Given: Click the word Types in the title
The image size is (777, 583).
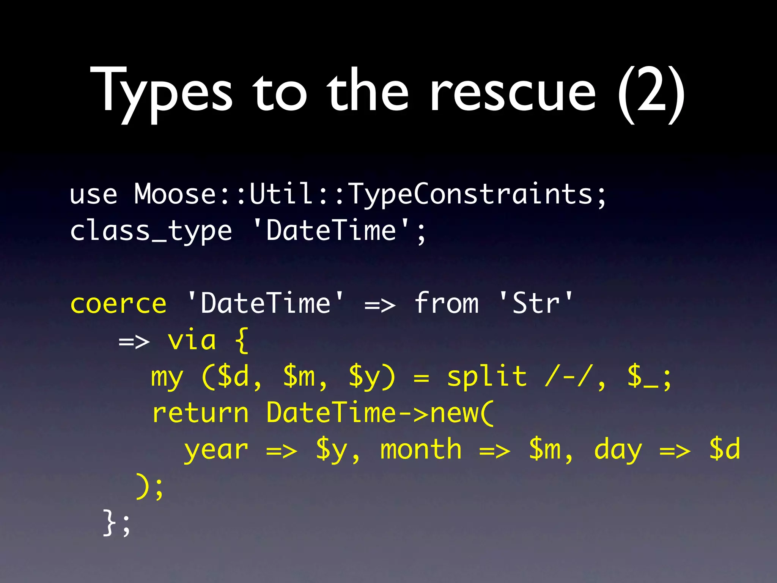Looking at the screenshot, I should (161, 91).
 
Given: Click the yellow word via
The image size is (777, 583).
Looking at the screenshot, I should (192, 340).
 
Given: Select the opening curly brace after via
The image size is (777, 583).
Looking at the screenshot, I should (242, 341).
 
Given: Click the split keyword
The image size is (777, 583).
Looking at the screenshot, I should (487, 377).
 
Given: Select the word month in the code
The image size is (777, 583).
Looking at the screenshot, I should (421, 449).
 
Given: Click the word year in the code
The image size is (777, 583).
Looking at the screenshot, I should (216, 450).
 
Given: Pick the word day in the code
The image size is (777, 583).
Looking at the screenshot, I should (618, 450).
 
